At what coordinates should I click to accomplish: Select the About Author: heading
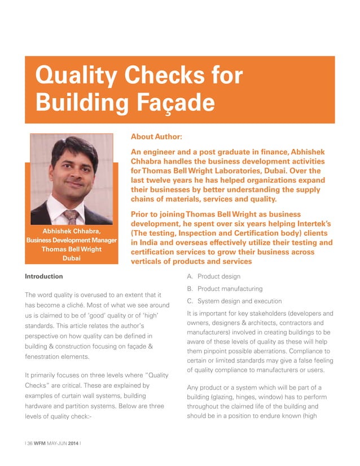156,137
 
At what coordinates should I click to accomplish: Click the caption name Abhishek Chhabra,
71,232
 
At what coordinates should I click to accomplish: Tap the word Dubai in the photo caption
71,258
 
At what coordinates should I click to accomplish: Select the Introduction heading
44,276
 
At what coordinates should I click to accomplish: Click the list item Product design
218,276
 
